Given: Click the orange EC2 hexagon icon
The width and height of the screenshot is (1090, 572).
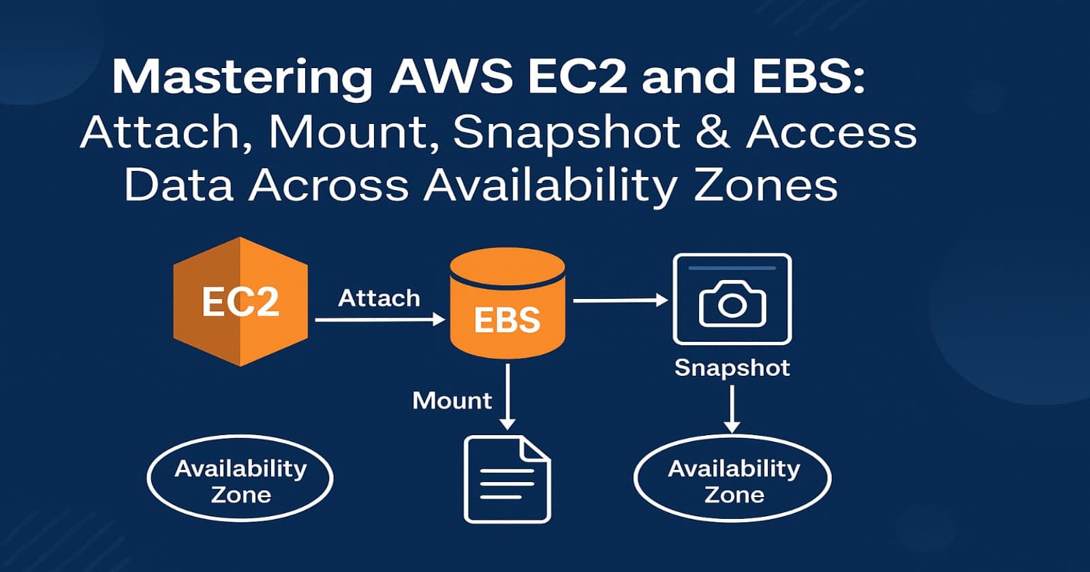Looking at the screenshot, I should pyautogui.click(x=240, y=301).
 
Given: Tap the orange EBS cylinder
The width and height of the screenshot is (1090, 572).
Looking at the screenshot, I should pyautogui.click(x=508, y=304).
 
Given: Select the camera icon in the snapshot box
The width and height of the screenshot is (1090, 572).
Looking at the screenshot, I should pyautogui.click(x=732, y=304).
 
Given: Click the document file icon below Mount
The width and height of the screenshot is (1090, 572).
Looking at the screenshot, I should pyautogui.click(x=507, y=479).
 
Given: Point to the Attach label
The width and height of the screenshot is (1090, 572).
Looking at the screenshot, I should pyautogui.click(x=379, y=298).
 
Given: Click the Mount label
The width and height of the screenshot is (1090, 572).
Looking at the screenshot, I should pyautogui.click(x=452, y=400).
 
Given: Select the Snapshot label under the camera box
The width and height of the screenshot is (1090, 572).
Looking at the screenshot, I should pyautogui.click(x=732, y=368).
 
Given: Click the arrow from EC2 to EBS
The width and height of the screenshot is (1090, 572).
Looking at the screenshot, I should pyautogui.click(x=379, y=319).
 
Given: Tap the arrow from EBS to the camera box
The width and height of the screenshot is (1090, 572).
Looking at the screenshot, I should pyautogui.click(x=620, y=300).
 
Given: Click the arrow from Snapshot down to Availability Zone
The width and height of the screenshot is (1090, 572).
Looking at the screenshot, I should pyautogui.click(x=732, y=409).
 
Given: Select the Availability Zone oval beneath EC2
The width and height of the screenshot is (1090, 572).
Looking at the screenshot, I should pyautogui.click(x=240, y=479).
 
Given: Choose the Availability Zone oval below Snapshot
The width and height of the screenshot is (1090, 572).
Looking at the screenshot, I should pyautogui.click(x=732, y=479).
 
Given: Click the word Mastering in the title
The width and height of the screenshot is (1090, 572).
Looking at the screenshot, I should pyautogui.click(x=242, y=78).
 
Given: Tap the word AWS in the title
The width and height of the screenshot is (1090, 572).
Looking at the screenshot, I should pyautogui.click(x=450, y=76).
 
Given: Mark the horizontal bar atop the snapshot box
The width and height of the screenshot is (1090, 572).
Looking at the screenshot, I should pyautogui.click(x=732, y=268).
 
